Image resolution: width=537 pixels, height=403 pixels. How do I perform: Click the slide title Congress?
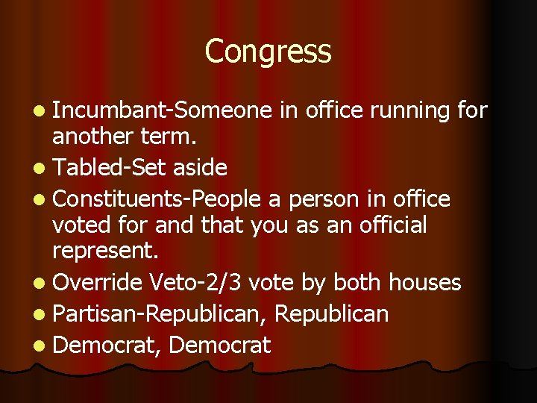pos(268,52)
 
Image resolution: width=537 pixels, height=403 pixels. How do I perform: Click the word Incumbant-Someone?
pos(163,110)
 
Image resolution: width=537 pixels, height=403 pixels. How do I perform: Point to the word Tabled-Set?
pos(110,168)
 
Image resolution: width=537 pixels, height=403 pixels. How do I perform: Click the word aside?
pos(199,168)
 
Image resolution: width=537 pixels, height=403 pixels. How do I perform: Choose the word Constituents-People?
pos(157,199)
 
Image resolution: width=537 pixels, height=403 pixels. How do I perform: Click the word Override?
pos(98,282)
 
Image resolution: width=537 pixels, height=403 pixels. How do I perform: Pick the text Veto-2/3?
pos(195,282)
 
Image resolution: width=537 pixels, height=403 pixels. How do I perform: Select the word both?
pos(359,282)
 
